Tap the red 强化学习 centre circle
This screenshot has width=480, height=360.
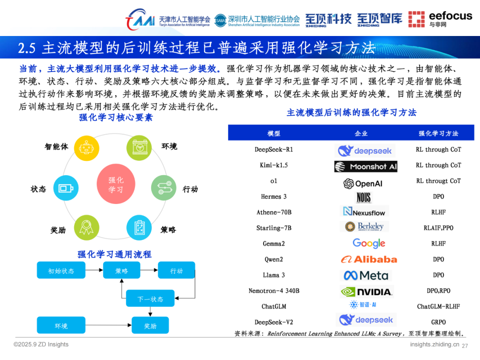click(116, 185)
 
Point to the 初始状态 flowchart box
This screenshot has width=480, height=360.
click(61, 271)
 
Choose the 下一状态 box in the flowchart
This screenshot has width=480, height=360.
click(150, 299)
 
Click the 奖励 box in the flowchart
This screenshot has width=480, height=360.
click(150, 326)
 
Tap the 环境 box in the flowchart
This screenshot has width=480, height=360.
click(61, 326)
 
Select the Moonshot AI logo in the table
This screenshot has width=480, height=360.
click(366, 167)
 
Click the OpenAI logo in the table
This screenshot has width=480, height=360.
click(363, 183)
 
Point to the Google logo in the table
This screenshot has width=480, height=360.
click(368, 243)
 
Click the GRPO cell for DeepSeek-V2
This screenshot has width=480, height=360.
click(438, 322)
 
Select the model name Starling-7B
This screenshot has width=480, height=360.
click(274, 228)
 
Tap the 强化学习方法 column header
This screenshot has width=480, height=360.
click(438, 133)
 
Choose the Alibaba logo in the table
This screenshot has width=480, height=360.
click(368, 259)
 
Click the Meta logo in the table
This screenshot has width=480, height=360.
click(366, 276)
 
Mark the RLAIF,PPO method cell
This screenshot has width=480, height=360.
click(438, 228)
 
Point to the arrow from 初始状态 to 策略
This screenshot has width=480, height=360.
click(94, 270)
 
